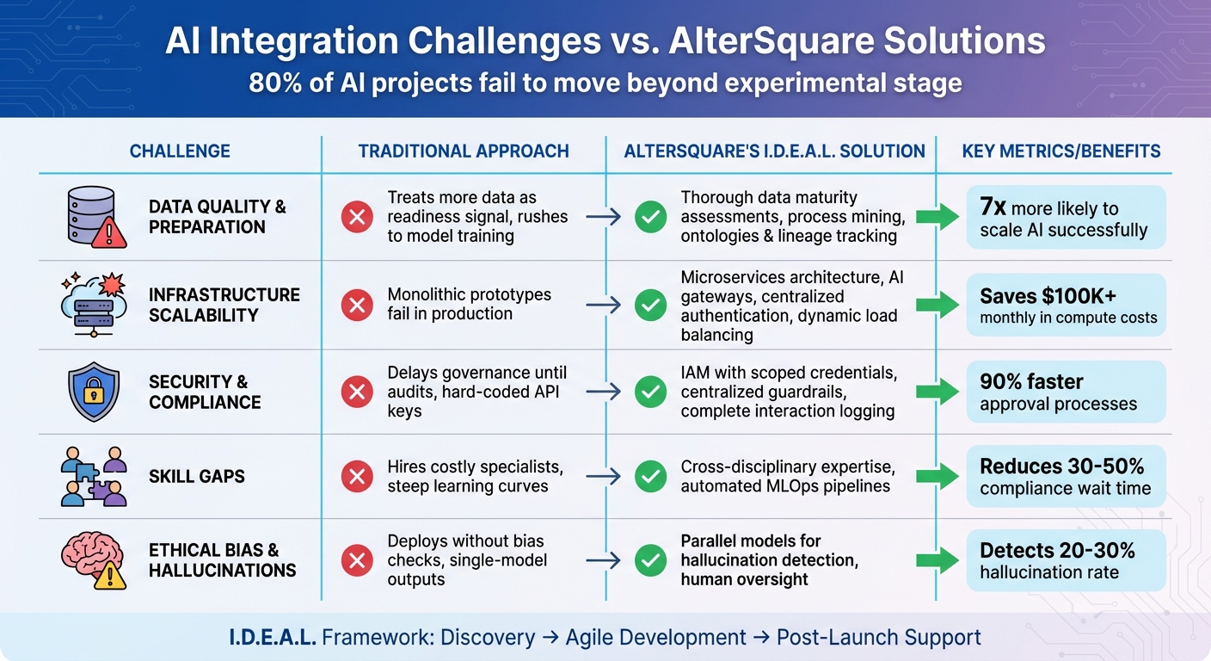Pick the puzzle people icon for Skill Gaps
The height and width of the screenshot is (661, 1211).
pyautogui.click(x=94, y=476)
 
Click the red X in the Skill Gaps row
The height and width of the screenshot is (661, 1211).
pyautogui.click(x=356, y=477)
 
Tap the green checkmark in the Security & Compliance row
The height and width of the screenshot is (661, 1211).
pyautogui.click(x=649, y=392)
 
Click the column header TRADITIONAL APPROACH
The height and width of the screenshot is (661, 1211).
pyautogui.click(x=464, y=151)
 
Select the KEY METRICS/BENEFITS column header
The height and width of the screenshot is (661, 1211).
pyautogui.click(x=1060, y=151)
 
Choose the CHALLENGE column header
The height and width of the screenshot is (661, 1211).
pyautogui.click(x=180, y=151)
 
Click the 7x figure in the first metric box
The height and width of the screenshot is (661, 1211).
pyautogui.click(x=993, y=207)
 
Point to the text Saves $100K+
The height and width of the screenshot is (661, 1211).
pyautogui.click(x=1048, y=296)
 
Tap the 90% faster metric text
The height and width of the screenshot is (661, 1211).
pyautogui.click(x=1031, y=381)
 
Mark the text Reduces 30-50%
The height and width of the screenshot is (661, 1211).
pyautogui.click(x=1061, y=466)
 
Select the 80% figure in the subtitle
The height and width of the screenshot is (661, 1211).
pyautogui.click(x=272, y=83)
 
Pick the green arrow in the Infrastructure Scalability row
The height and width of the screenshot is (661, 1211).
pyautogui.click(x=937, y=304)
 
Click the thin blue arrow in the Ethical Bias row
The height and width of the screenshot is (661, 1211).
pyautogui.click(x=603, y=561)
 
